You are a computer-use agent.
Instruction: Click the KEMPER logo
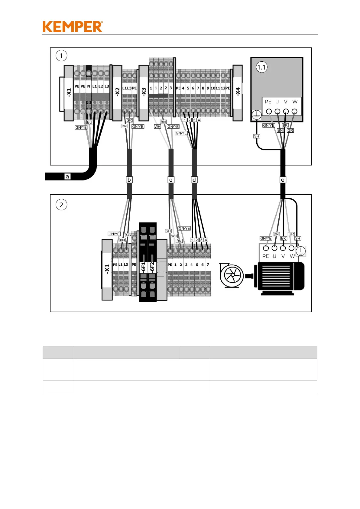(x=73, y=27)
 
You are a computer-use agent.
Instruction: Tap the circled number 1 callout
(x=61, y=56)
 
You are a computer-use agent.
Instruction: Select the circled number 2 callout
(x=61, y=205)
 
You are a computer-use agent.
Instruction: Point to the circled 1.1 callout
(x=261, y=67)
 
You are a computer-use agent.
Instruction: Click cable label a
(x=67, y=177)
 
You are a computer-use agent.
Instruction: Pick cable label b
(x=129, y=180)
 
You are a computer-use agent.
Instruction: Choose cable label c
(x=171, y=180)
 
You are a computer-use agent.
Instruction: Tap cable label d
(x=194, y=180)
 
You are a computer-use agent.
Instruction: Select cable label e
(x=283, y=180)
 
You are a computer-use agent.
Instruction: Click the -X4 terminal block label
(x=238, y=92)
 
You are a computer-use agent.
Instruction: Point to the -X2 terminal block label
(x=117, y=92)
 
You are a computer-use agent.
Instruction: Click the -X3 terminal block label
(x=144, y=92)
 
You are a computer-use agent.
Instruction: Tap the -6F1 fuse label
(x=144, y=267)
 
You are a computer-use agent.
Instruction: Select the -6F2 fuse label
(x=152, y=267)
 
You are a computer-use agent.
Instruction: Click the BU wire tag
(x=89, y=122)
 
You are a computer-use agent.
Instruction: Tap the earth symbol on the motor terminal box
(x=301, y=251)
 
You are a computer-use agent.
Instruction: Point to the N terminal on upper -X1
(x=89, y=86)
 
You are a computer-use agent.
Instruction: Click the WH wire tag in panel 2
(x=174, y=236)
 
